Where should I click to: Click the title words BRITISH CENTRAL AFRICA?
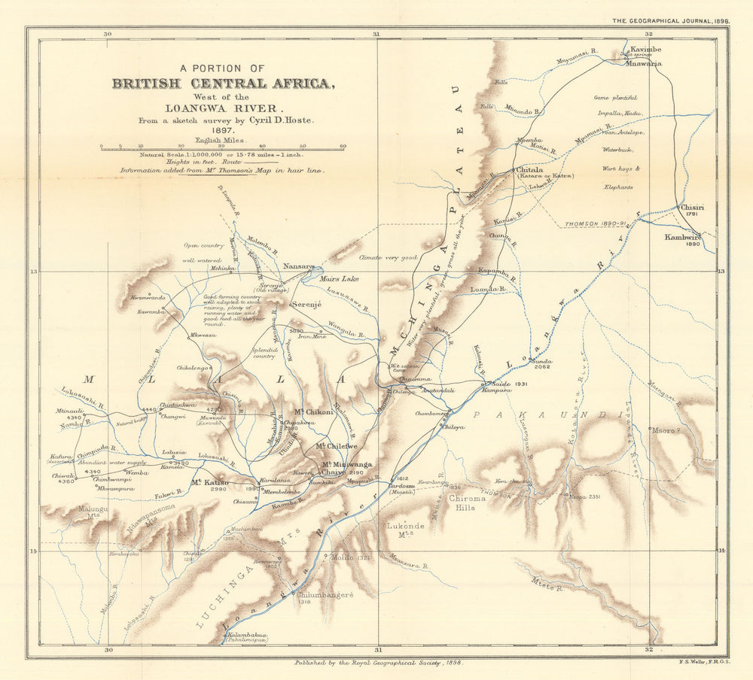pos(224,84)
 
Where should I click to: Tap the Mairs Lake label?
pos(340,279)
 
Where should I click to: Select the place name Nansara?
pos(298,266)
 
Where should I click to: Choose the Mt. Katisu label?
pos(209,482)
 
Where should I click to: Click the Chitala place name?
pos(530,170)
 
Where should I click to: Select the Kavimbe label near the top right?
pos(645,50)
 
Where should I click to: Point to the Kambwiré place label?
pos(683,237)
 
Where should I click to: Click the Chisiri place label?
pos(692,208)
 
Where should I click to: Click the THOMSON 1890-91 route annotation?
pos(590,224)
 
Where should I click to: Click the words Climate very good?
pos(388,257)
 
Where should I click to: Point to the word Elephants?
pos(619,187)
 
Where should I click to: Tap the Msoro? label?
pos(665,430)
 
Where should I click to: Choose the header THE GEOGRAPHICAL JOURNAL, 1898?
pos(669,22)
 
